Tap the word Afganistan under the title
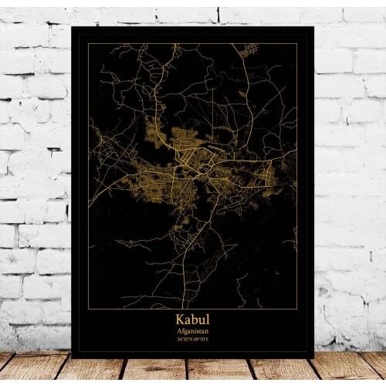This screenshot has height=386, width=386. (x=192, y=330)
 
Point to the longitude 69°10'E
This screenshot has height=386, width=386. (x=201, y=339)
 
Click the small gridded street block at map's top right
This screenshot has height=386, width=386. (x=249, y=52)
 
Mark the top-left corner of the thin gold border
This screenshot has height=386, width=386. (x=88, y=44)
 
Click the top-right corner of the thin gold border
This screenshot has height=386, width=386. (x=297, y=44)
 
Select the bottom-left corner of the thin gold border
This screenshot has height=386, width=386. (x=88, y=307)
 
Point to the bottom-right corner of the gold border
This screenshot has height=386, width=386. (x=297, y=307)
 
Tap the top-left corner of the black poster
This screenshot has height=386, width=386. (x=72, y=27)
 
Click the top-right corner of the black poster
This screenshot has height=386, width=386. (x=313, y=27)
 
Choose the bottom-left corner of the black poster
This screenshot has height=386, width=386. (x=72, y=357)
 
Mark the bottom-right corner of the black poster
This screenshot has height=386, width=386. (x=313, y=357)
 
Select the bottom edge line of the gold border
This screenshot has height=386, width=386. (x=193, y=307)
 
